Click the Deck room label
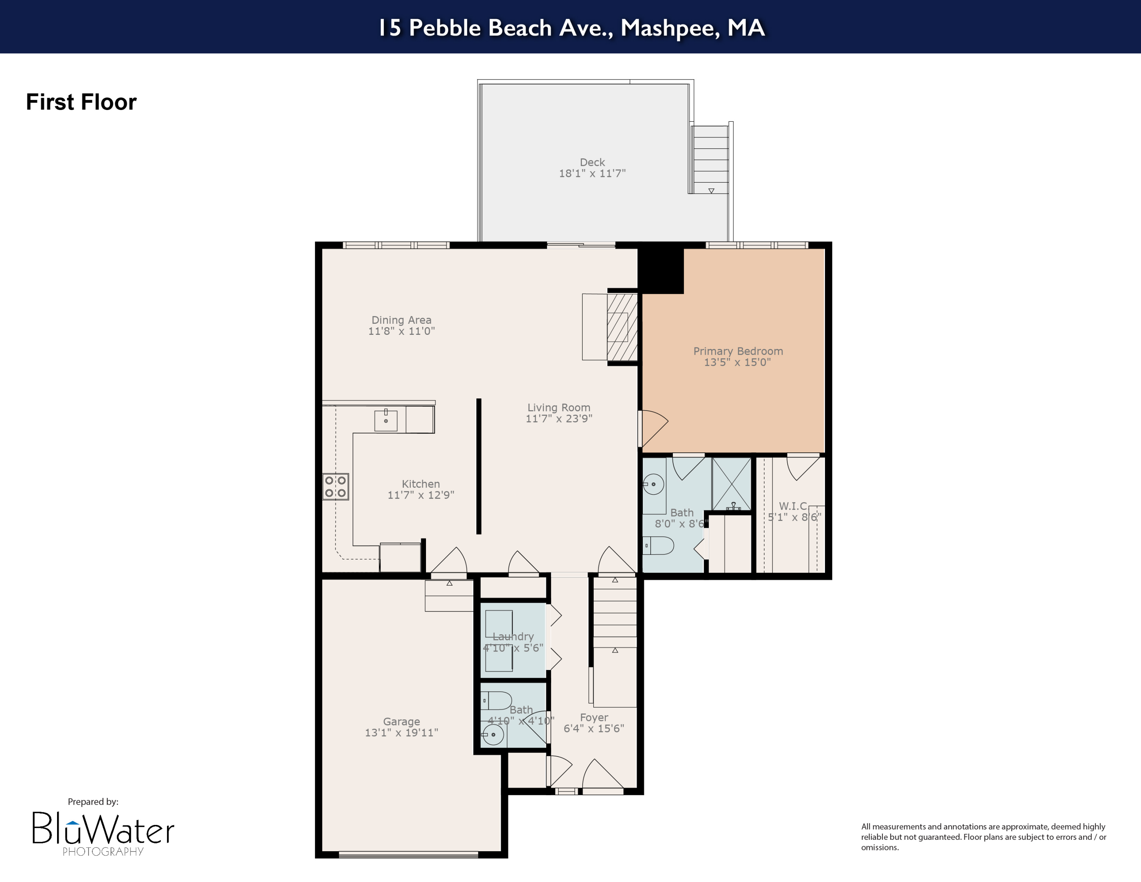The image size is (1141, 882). click(592, 162)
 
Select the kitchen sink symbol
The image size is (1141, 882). click(386, 420)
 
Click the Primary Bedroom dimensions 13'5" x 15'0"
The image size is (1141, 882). click(737, 363)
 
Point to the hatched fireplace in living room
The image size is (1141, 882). click(622, 326)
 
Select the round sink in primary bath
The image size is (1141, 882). click(653, 484)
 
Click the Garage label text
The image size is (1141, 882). click(401, 721)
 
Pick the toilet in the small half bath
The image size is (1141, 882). click(496, 700)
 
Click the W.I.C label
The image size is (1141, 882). click(793, 506)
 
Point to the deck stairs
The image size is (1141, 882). click(710, 159)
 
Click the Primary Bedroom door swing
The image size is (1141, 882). click(653, 428)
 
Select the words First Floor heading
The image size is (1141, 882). click(81, 102)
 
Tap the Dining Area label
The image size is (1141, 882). click(401, 320)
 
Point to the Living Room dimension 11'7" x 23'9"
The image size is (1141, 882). click(558, 419)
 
